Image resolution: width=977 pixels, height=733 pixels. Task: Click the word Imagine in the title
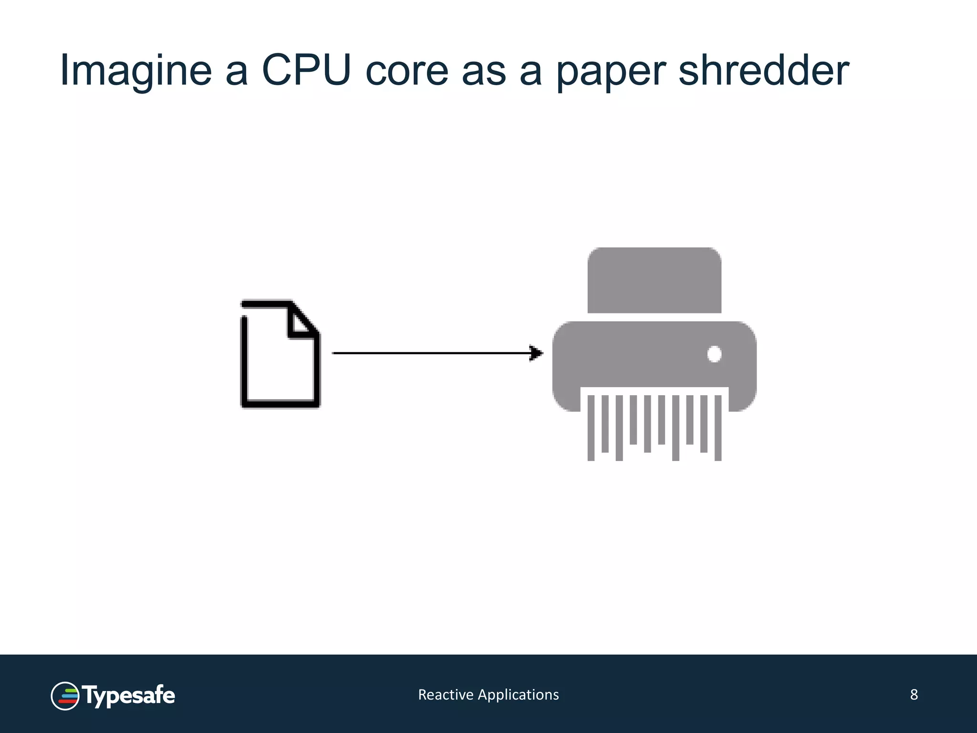pos(135,72)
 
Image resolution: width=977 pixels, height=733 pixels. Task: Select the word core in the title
pos(406,72)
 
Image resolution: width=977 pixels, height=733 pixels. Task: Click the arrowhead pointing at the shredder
pos(537,353)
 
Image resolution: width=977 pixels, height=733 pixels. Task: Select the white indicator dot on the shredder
pos(714,354)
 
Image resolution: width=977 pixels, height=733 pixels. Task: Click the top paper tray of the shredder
pos(654,280)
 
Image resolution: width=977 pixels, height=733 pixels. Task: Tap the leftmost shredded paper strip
pos(591,428)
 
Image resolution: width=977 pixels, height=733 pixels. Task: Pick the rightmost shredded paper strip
pos(718,428)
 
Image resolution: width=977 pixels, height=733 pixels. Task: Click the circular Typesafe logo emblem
pos(65,696)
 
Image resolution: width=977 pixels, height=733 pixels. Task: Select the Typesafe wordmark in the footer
pos(129,696)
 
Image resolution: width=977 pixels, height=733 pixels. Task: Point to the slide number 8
pos(914,695)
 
